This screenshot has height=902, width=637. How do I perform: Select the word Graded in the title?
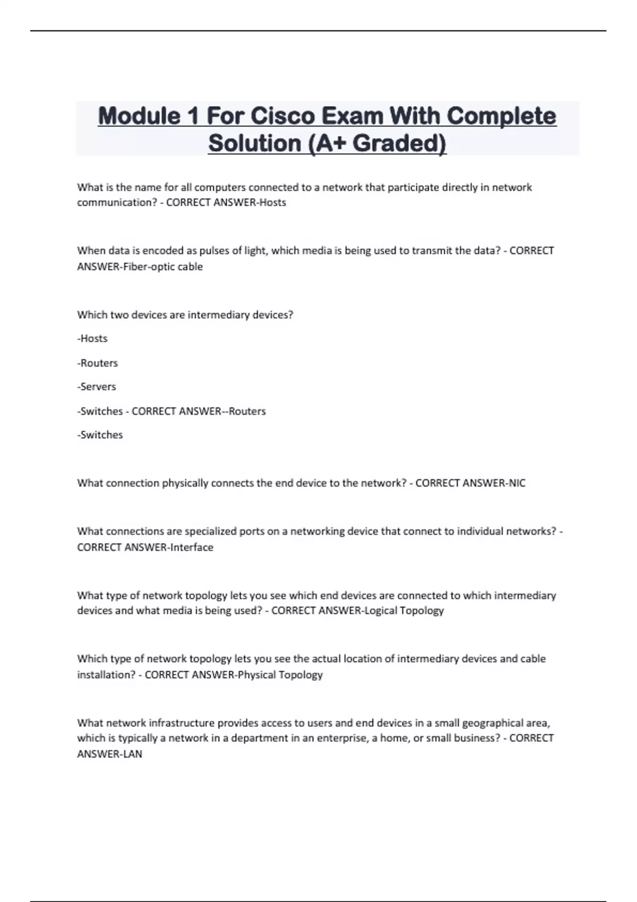(x=399, y=143)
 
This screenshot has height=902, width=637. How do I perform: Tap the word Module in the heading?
(x=139, y=116)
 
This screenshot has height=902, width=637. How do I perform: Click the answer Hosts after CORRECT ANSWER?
(x=272, y=203)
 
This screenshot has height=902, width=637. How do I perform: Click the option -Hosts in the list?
(x=92, y=339)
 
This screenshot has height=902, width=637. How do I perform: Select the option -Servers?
(x=97, y=387)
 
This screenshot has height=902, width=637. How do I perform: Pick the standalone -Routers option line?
(x=98, y=363)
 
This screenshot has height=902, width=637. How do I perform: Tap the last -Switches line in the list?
(x=100, y=435)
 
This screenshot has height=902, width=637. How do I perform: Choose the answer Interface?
(x=192, y=547)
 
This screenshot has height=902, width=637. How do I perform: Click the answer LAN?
(x=133, y=754)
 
